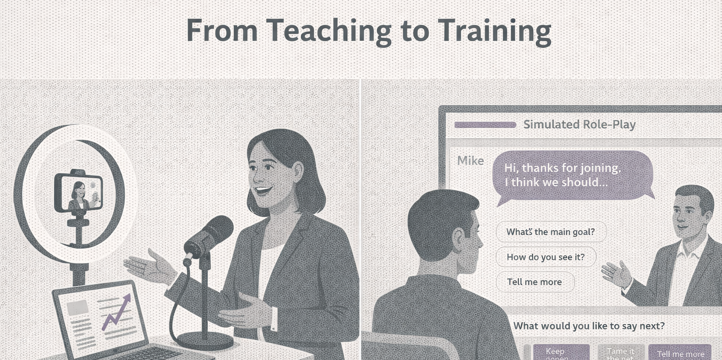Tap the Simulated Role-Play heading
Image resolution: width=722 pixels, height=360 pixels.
[579, 125]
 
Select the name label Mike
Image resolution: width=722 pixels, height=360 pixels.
[471, 161]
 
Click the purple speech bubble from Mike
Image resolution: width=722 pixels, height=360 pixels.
[573, 175]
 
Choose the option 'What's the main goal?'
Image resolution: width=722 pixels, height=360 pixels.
[551, 232]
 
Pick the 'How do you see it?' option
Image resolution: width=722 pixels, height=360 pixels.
[546, 257]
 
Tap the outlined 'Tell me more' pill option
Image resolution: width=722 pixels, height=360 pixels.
[534, 282]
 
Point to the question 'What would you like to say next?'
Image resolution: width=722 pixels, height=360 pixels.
[589, 326]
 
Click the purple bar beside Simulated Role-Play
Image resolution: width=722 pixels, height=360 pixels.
[485, 125]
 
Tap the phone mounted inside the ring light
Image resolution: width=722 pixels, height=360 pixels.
[78, 192]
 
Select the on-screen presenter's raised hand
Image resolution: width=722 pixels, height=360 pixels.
[617, 274]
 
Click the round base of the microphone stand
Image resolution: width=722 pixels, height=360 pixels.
[205, 339]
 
